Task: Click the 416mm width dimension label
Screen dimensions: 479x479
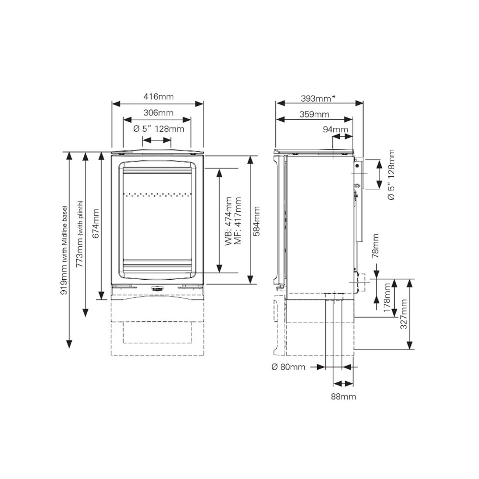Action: click(159, 97)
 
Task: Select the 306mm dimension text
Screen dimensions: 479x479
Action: click(159, 113)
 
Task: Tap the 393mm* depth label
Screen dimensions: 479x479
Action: click(318, 98)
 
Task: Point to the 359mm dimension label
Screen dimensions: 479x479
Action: click(314, 114)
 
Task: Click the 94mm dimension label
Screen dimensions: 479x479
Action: click(335, 129)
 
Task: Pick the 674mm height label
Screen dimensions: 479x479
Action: click(96, 224)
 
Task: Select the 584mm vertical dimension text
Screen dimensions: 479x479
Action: click(257, 221)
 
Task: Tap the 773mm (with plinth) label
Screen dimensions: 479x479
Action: click(80, 234)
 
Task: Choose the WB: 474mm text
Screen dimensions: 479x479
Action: click(228, 221)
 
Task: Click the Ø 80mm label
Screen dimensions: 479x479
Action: click(288, 367)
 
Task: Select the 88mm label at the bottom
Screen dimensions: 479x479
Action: click(343, 397)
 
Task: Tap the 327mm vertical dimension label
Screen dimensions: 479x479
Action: click(403, 314)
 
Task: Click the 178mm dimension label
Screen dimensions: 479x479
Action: click(387, 298)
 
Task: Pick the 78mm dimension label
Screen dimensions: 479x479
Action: click(375, 246)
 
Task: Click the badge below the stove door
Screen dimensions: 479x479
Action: click(158, 288)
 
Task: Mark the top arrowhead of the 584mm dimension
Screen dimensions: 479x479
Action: click(250, 160)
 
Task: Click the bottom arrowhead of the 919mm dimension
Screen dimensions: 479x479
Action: click(69, 344)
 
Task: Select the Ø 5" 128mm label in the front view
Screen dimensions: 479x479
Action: click(159, 129)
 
